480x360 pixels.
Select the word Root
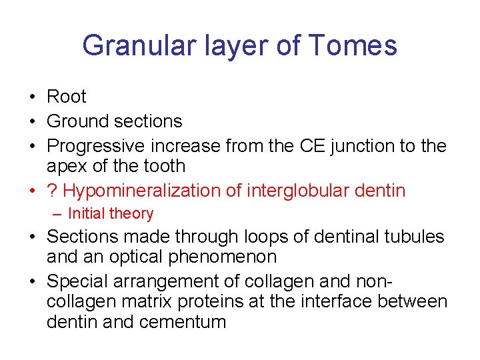click(x=67, y=97)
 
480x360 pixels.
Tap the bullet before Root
click(x=32, y=97)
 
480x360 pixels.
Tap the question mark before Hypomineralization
click(x=51, y=191)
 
